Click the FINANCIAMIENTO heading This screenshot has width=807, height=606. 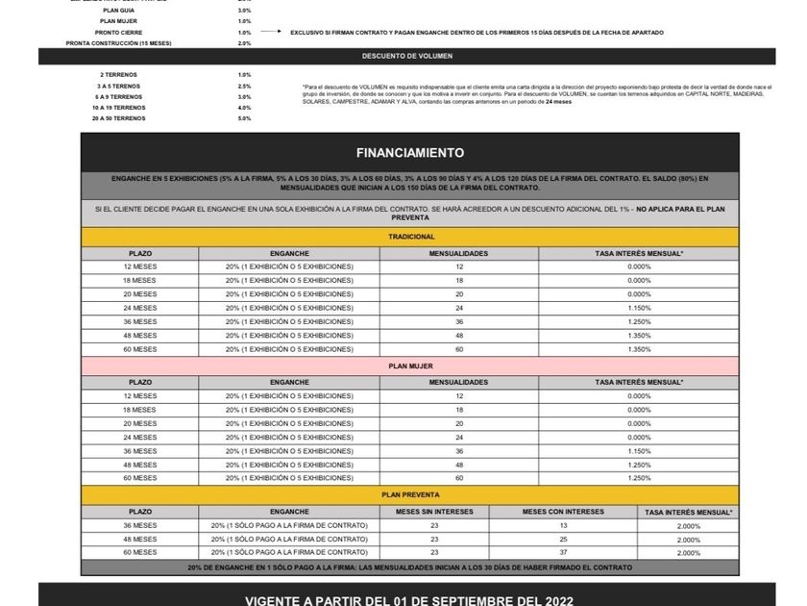(x=410, y=153)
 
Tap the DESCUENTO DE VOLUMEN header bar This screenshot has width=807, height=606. (x=407, y=56)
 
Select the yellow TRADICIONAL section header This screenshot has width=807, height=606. (x=410, y=237)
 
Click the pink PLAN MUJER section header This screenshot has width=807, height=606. (x=410, y=366)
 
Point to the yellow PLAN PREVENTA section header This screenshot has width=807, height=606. (x=410, y=494)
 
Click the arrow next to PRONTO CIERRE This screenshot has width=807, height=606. (x=274, y=33)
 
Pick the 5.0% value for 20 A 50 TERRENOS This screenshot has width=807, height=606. (x=244, y=118)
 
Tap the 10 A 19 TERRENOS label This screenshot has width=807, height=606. (x=117, y=108)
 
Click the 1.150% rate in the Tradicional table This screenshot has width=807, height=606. (x=639, y=308)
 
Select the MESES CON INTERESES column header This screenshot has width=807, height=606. (x=562, y=512)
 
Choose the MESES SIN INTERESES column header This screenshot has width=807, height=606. (x=434, y=512)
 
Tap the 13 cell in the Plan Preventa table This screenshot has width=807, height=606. (x=563, y=526)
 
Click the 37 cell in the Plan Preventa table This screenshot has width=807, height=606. (x=563, y=553)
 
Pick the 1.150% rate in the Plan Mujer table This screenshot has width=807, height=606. (x=639, y=451)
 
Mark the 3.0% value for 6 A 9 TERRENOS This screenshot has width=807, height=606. (x=244, y=96)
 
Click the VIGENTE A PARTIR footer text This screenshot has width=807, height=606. (x=410, y=601)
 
